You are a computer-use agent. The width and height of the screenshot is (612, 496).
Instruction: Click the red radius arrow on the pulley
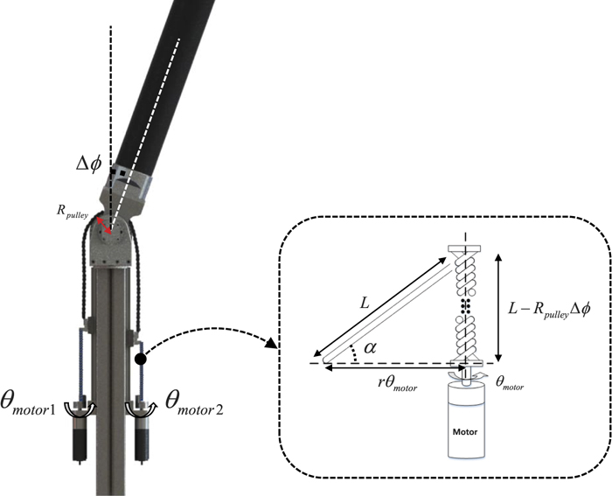click(104, 225)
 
